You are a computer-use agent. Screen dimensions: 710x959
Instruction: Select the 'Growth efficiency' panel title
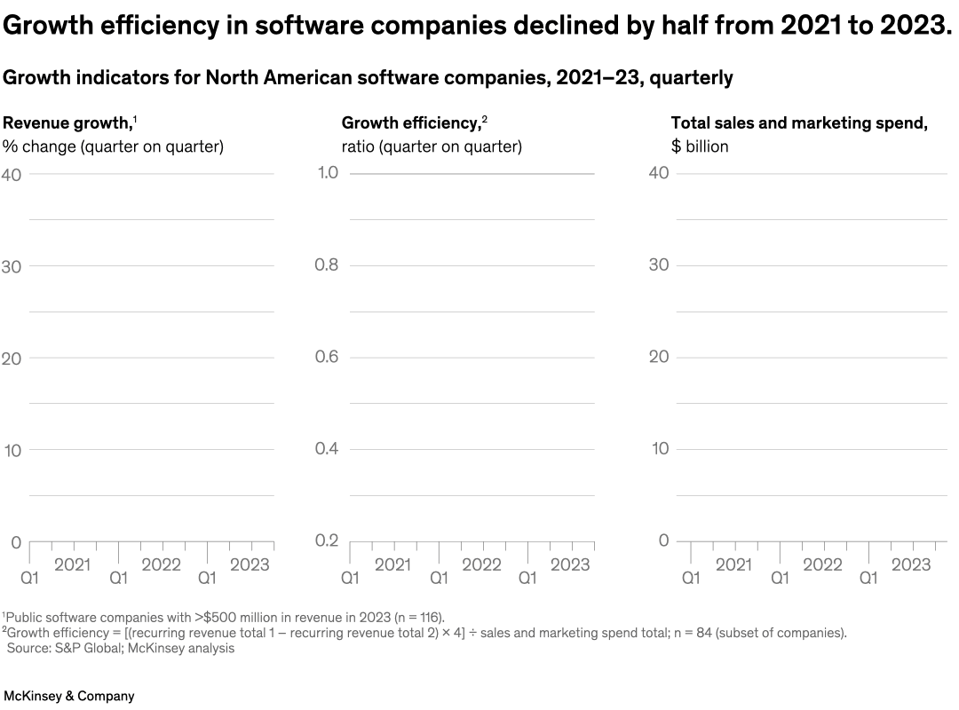point(410,123)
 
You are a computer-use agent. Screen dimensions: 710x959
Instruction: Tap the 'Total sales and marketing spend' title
point(798,123)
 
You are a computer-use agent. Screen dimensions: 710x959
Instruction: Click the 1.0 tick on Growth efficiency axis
point(328,172)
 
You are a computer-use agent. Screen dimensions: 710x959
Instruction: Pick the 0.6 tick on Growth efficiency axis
point(328,357)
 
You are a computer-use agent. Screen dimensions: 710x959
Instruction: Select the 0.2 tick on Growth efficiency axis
point(328,541)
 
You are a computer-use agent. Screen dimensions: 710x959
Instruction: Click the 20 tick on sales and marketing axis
point(659,357)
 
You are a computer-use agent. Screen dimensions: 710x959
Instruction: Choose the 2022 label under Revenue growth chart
point(161,565)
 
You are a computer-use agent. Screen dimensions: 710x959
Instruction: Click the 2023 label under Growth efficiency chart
point(569,565)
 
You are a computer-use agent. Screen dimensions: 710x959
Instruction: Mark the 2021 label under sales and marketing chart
point(733,565)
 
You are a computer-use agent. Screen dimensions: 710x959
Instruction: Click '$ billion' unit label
point(700,146)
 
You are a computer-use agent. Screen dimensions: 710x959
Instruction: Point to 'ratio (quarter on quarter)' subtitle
point(432,146)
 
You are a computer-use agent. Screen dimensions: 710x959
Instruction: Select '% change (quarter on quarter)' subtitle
point(113,146)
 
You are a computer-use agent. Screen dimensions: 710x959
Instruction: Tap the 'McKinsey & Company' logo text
point(69,696)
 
